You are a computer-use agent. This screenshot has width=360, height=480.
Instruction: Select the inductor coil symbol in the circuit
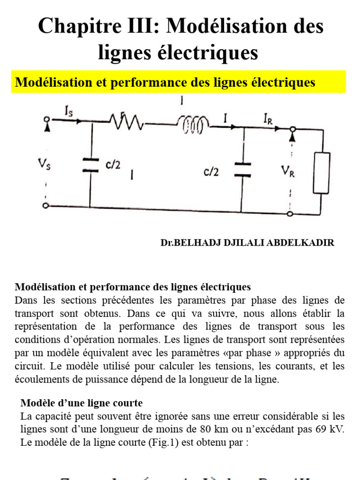193,124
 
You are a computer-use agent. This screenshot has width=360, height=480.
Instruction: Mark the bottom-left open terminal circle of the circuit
45,205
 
